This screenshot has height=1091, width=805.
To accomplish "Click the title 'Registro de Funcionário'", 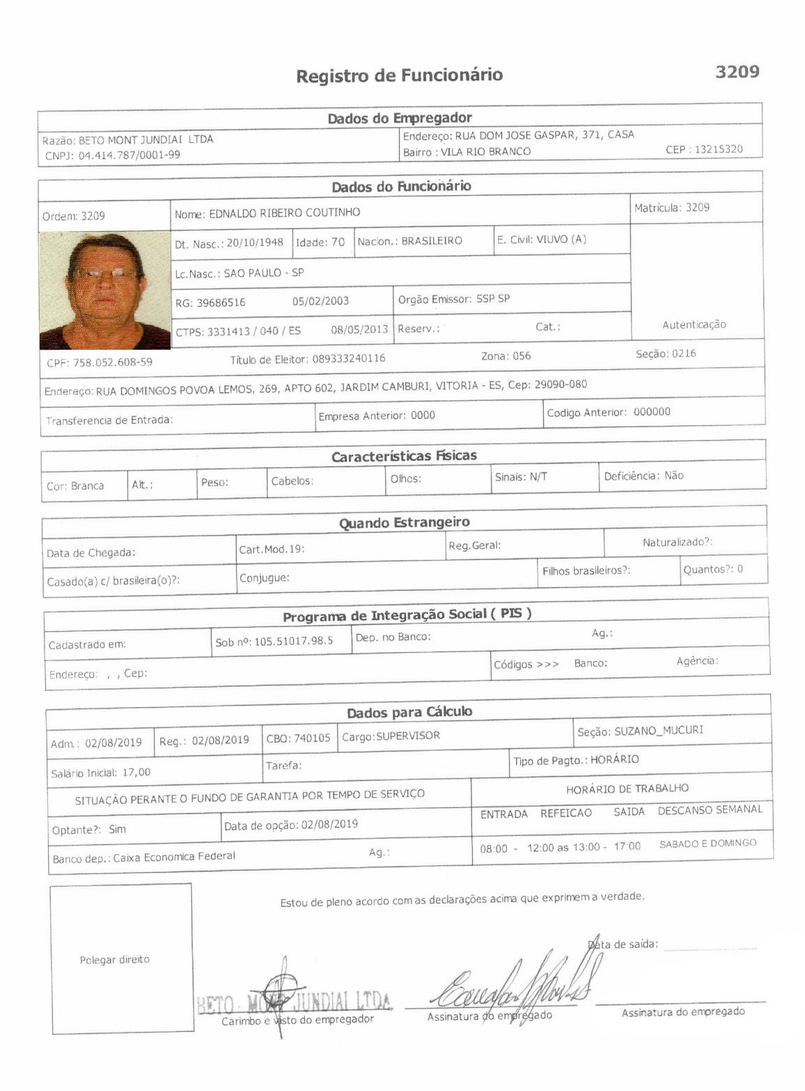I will point(399,75).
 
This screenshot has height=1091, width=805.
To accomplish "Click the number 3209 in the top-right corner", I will point(737,72).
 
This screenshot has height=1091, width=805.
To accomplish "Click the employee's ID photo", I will point(105,291).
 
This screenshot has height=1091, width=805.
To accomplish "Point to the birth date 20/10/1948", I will point(255,242).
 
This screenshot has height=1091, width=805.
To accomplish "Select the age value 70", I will point(338,242).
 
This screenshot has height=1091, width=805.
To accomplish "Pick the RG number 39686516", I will point(221,302).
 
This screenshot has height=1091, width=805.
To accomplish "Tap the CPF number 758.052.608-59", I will point(113,362).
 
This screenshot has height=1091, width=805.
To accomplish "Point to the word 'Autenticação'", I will point(694,325).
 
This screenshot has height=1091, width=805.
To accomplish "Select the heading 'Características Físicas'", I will point(404,456).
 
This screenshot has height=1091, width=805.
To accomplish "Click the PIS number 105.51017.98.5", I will point(293,641).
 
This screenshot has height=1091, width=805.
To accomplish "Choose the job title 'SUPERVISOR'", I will point(408,736).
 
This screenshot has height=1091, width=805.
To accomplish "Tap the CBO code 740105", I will point(311,738).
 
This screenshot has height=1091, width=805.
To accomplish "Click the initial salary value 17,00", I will point(136,772).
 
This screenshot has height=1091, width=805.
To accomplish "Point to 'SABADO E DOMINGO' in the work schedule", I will point(708,844).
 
